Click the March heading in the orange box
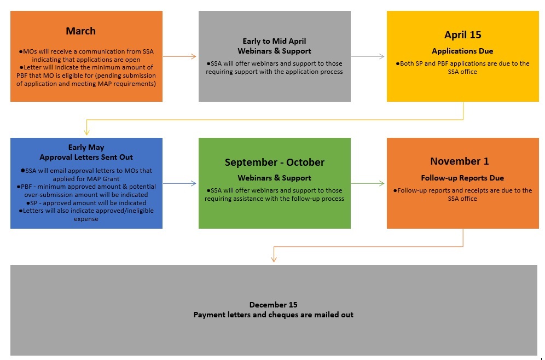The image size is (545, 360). click(80, 31)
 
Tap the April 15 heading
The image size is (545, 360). click(462, 35)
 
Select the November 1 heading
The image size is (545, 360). click(460, 161)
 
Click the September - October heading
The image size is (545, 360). click(275, 162)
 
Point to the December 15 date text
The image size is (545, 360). click(273, 305)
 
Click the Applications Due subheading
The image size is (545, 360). click(462, 51)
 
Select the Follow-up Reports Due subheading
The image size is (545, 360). click(462, 178)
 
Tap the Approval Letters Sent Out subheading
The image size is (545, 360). click(86, 157)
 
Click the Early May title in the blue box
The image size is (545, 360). click(86, 147)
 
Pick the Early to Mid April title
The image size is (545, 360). click(274, 41)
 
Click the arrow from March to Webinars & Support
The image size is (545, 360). click(179, 56)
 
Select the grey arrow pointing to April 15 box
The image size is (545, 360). click(368, 56)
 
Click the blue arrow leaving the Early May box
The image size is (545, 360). click(179, 183)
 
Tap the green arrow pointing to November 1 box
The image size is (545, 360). click(368, 183)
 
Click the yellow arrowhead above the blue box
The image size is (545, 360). click(86, 132)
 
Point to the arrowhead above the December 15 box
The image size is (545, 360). click(274, 259)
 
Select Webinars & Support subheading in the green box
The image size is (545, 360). click(274, 178)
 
